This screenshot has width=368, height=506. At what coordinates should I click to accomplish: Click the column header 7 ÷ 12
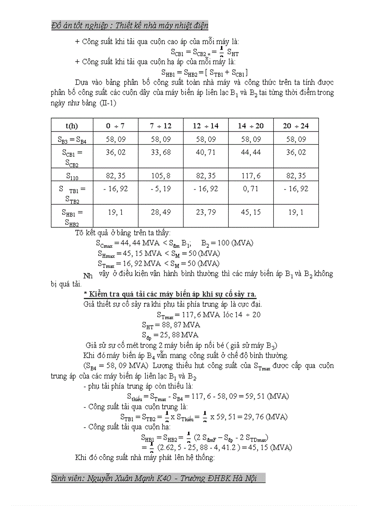161,126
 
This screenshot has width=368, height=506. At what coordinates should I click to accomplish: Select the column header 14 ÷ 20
251,126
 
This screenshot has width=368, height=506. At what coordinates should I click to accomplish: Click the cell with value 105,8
161,175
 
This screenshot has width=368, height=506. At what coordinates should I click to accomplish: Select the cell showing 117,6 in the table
251,175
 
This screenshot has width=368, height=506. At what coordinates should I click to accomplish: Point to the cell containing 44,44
251,152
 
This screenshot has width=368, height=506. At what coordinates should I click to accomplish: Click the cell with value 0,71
251,189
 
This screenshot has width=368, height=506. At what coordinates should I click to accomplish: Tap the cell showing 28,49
161,212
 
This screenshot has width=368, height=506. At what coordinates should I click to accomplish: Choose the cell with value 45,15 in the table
251,212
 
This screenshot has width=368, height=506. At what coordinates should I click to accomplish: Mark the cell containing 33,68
161,152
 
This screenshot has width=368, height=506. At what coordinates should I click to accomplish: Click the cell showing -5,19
161,189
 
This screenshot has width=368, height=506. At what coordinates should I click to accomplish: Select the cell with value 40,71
206,152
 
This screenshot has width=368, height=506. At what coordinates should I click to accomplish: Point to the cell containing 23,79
206,212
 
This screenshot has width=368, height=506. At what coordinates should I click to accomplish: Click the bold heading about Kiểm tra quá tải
170,294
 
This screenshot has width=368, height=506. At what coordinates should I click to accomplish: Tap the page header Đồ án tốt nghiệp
130,25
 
